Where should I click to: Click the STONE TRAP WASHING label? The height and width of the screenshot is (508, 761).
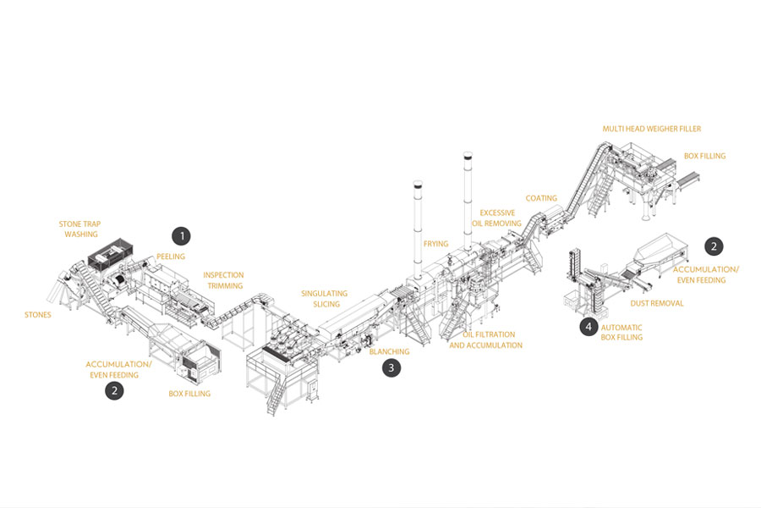click(x=79, y=229)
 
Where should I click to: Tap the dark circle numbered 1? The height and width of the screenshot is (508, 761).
click(x=180, y=235)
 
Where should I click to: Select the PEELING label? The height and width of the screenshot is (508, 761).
click(x=170, y=257)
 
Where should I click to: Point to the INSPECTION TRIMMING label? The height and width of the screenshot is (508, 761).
click(x=223, y=280)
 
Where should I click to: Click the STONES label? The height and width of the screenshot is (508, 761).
click(x=37, y=315)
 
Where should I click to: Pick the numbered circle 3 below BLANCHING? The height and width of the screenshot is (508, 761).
click(x=390, y=367)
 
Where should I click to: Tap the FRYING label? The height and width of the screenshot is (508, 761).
click(x=435, y=244)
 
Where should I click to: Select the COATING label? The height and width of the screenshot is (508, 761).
click(x=541, y=199)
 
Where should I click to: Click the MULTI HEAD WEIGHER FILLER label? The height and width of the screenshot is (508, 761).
click(x=651, y=130)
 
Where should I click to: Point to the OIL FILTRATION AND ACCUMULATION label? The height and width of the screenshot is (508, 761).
click(x=485, y=340)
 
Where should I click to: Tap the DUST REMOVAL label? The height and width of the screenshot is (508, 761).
click(x=656, y=303)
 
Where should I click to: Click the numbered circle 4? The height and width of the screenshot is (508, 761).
click(x=589, y=327)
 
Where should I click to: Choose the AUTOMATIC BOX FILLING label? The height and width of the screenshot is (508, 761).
click(x=621, y=332)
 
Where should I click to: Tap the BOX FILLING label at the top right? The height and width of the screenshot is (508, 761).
click(x=704, y=157)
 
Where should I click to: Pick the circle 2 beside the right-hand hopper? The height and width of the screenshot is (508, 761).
click(x=714, y=246)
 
